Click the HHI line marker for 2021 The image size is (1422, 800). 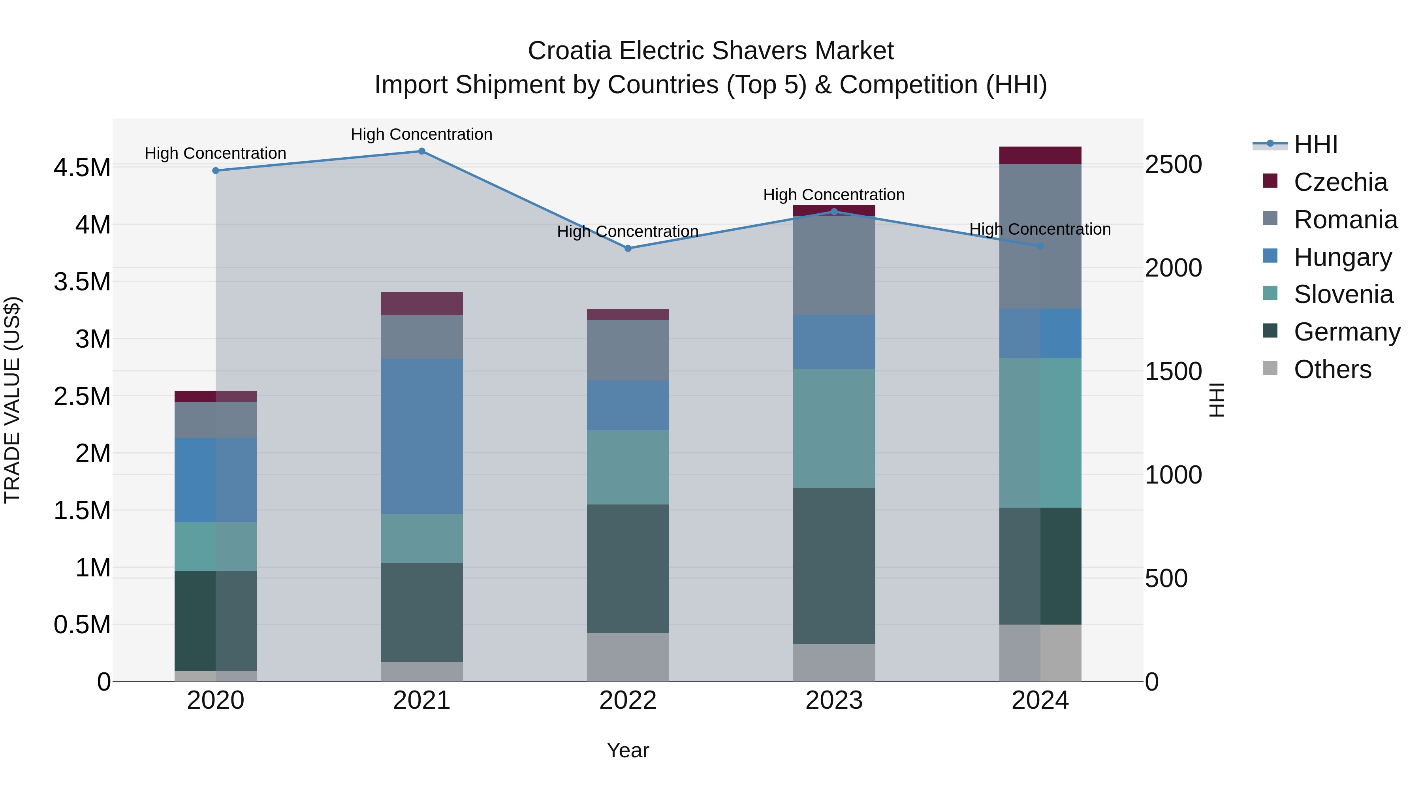[x=422, y=151]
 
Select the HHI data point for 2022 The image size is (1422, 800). [x=628, y=248]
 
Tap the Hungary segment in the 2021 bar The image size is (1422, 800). [x=422, y=436]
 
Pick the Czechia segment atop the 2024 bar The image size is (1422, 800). [x=1040, y=155]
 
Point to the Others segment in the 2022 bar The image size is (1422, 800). [x=628, y=657]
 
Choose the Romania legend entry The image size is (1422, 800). [x=1345, y=220]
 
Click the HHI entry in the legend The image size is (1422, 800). [x=1315, y=145]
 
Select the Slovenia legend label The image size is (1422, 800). [x=1343, y=294]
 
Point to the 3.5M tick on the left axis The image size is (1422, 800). [x=82, y=282]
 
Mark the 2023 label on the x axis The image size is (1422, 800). [x=833, y=700]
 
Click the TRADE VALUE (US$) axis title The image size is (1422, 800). [x=12, y=400]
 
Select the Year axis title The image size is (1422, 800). [x=628, y=750]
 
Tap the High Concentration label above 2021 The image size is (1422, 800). [x=422, y=134]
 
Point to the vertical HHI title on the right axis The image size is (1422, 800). [x=1216, y=400]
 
